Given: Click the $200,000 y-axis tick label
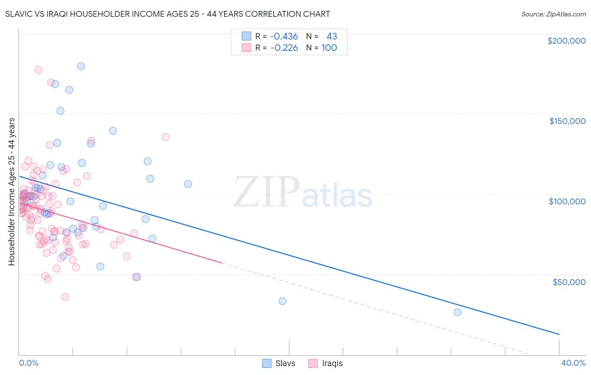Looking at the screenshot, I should click(566, 41).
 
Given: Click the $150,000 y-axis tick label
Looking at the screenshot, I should click(567, 121).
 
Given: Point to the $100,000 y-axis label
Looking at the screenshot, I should click(567, 201).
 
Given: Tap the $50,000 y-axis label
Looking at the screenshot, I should click(569, 282).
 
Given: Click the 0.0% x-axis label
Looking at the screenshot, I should click(29, 363).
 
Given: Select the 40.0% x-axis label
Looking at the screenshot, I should click(573, 363).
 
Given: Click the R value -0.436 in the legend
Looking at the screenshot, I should click(284, 36).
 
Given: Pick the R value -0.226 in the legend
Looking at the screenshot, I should click(284, 48).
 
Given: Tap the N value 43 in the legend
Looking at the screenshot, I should click(332, 36).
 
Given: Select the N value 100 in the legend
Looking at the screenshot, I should click(329, 48).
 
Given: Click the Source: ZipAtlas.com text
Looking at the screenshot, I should click(553, 14).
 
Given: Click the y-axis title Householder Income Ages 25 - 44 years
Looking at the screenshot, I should click(11, 191).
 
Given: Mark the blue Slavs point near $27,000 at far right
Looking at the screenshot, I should click(457, 312).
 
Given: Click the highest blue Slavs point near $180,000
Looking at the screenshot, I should click(81, 66).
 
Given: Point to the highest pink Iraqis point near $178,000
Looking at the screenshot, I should click(38, 70).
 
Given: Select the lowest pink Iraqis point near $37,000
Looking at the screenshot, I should click(65, 297).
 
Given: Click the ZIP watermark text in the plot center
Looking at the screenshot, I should click(266, 192).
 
